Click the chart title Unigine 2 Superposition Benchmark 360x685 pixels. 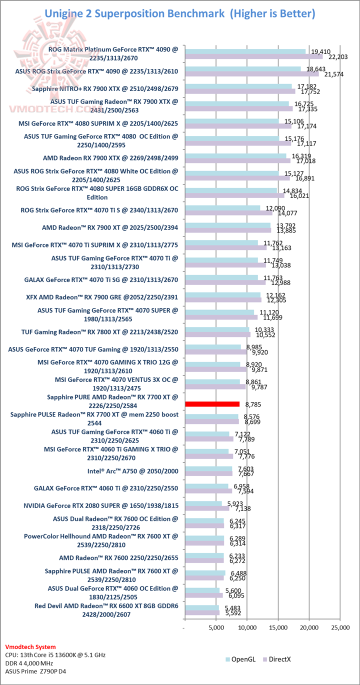pyautogui.click(x=179, y=13)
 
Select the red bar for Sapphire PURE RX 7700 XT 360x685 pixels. pyautogui.click(x=212, y=403)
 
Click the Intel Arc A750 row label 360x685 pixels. pyautogui.click(x=132, y=470)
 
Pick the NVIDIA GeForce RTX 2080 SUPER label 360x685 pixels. pyautogui.click(x=100, y=505)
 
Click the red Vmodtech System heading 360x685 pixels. pyautogui.click(x=30, y=646)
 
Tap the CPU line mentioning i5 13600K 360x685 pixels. pyautogui.click(x=55, y=654)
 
